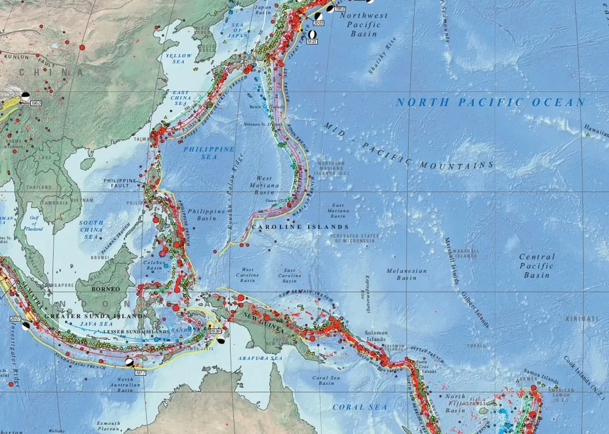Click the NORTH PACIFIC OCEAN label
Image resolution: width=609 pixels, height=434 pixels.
(x=490, y=102)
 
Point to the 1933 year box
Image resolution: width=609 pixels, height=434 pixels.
(x=312, y=41)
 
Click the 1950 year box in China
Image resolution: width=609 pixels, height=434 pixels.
(x=35, y=103)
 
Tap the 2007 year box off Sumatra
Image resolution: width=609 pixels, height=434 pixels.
(x=16, y=318)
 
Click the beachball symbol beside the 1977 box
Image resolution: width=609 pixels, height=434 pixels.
(x=129, y=362)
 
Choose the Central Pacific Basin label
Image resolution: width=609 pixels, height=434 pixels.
(x=537, y=266)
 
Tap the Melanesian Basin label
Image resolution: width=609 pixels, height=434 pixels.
(x=407, y=274)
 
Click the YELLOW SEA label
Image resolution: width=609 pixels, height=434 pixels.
(x=178, y=59)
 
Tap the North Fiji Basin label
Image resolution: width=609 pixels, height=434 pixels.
(x=454, y=403)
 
